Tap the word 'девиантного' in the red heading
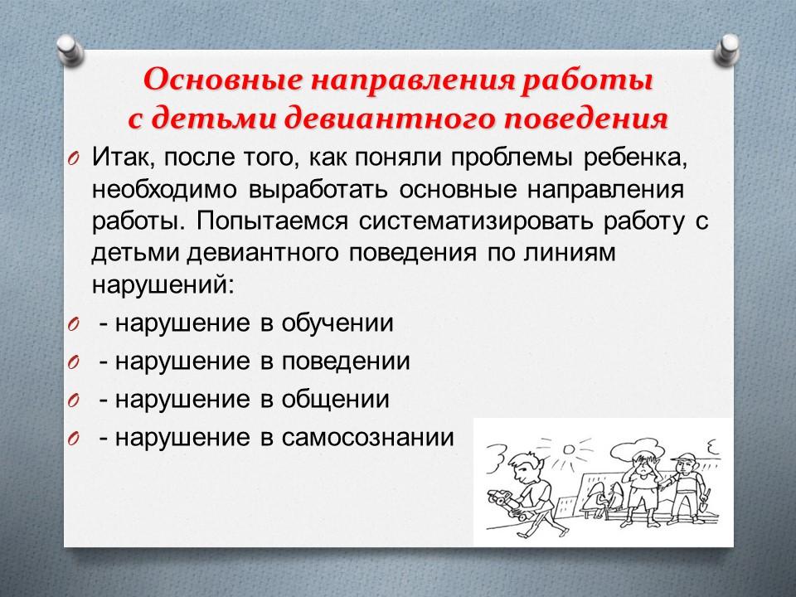pyautogui.click(x=389, y=119)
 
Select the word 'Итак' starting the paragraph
pyautogui.click(x=120, y=158)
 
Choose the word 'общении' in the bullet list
pyautogui.click(x=335, y=400)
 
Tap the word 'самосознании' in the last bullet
pyautogui.click(x=367, y=438)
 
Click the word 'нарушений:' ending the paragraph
pyautogui.click(x=163, y=284)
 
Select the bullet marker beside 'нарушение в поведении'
pyautogui.click(x=74, y=362)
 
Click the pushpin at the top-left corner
pyautogui.click(x=70, y=49)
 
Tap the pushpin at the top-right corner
pyautogui.click(x=726, y=49)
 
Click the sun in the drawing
pyautogui.click(x=569, y=449)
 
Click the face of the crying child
pyautogui.click(x=642, y=468)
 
